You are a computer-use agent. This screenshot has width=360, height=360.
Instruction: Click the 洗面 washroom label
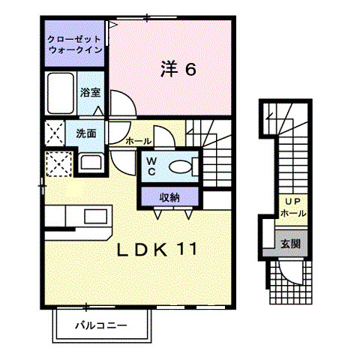point(85,133)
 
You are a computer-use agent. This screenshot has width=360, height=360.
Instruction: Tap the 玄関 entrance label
point(291,244)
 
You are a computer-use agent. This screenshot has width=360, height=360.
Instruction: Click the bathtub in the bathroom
point(60,93)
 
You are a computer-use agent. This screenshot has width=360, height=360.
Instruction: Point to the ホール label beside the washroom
point(139,141)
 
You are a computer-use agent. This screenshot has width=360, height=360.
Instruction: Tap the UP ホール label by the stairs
point(292,208)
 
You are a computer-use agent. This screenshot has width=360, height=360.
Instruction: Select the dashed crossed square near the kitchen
point(58,163)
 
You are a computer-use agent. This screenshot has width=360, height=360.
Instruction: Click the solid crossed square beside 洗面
point(55,133)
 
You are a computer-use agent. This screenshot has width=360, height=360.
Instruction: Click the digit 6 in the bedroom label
point(190,70)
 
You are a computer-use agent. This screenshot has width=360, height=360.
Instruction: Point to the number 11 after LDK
point(189,249)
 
